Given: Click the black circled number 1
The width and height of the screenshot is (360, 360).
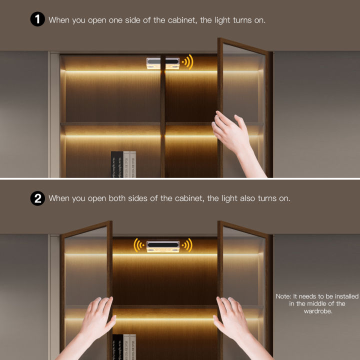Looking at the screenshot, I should click(38, 20).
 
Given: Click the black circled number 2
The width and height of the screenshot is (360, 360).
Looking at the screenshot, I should click(38, 198).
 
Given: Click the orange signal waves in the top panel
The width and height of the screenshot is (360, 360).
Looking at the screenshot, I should click(187, 62).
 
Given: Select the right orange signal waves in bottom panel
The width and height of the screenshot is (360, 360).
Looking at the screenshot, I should click(187, 245).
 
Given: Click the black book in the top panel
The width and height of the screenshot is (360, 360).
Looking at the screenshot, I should click(117, 164).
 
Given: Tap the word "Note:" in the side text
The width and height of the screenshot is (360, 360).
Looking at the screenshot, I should click(283, 296).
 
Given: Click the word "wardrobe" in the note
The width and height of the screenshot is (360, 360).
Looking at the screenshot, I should click(317, 311).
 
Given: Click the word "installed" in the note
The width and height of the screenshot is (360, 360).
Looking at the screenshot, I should click(331, 296).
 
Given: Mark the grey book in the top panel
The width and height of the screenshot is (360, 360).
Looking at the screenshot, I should click(126, 164).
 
